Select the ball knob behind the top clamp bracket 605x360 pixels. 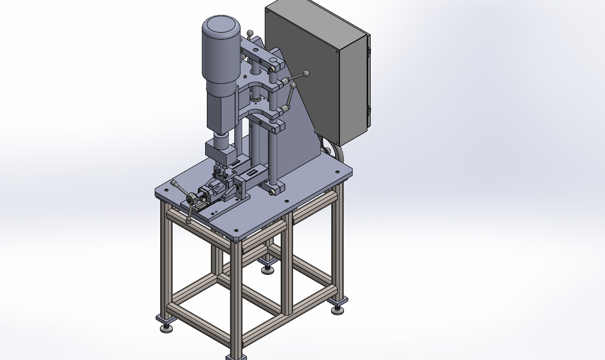(x=250, y=32)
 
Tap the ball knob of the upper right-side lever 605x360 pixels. (x=306, y=73)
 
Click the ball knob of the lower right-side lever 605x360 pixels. (x=293, y=85)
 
